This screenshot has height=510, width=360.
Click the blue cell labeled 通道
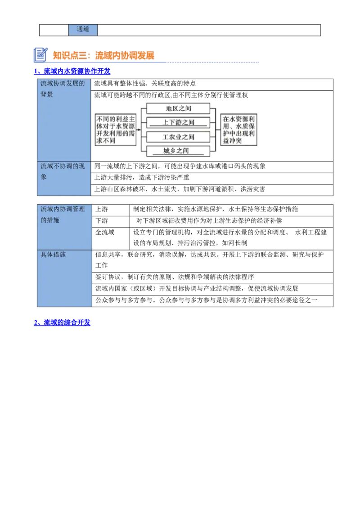pyautogui.click(x=83, y=30)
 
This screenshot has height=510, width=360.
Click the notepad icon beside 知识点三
pyautogui.click(x=40, y=55)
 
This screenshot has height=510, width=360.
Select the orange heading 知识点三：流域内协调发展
pyautogui.click(x=103, y=56)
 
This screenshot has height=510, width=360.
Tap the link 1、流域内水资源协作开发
pyautogui.click(x=72, y=71)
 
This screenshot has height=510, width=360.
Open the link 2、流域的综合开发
pyautogui.click(x=62, y=322)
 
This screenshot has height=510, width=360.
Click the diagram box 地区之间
pyautogui.click(x=178, y=108)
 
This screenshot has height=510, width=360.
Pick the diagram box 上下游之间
pyautogui.click(x=178, y=122)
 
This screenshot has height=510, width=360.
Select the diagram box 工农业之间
pyautogui.click(x=178, y=137)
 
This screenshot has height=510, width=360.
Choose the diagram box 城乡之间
pyautogui.click(x=178, y=151)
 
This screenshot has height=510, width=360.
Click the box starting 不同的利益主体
pyautogui.click(x=116, y=130)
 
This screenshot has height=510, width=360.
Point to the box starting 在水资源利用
pyautogui.click(x=238, y=130)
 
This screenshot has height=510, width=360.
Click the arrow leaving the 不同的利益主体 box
pyautogui.click(x=138, y=130)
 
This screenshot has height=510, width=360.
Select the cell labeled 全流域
pyautogui.click(x=111, y=238)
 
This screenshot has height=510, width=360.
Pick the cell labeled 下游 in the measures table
pyautogui.click(x=111, y=221)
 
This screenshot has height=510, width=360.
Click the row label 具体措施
pyautogui.click(x=64, y=278)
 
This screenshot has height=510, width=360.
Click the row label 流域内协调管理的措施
pyautogui.click(x=64, y=227)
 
